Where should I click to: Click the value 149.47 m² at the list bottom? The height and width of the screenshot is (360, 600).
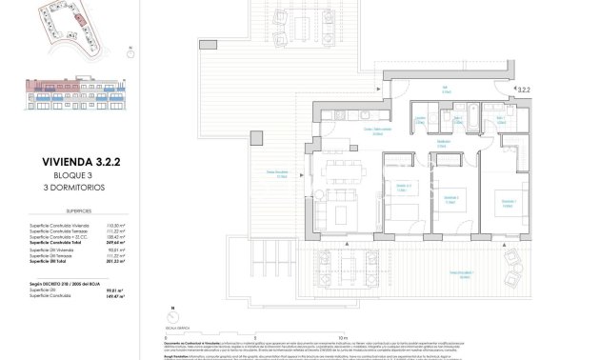(x=117, y=297)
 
